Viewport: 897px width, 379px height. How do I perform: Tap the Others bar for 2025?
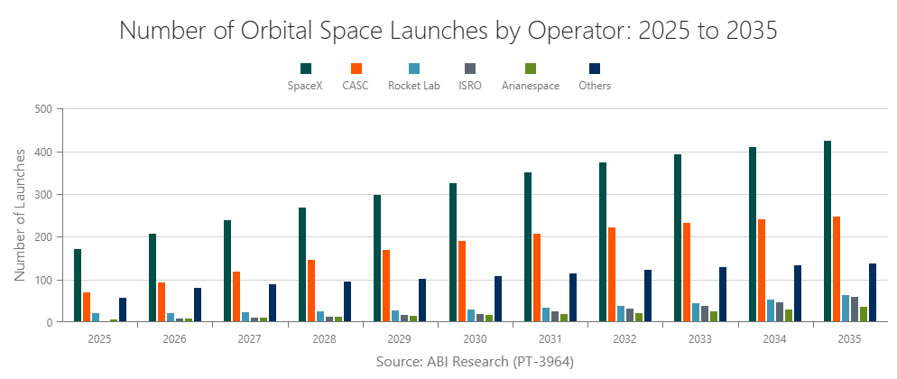click(123, 310)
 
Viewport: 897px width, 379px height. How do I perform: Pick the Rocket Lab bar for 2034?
click(770, 311)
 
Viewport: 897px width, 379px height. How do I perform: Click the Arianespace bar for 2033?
click(714, 317)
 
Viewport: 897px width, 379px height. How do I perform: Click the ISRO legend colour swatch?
click(469, 69)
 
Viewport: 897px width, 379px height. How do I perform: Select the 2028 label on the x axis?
click(325, 339)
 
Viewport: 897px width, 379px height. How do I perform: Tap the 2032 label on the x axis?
click(624, 339)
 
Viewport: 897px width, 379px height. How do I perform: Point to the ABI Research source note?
click(475, 361)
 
